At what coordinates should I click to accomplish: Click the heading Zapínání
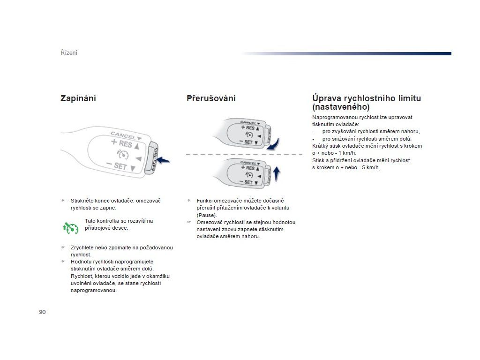78,98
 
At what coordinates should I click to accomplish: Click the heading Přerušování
211,98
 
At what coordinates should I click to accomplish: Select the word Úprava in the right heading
327,98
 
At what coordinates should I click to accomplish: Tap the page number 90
42,312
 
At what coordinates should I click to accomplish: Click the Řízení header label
69,52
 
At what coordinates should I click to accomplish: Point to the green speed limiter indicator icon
70,227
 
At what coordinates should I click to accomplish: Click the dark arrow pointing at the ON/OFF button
163,161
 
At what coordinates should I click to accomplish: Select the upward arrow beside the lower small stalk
277,173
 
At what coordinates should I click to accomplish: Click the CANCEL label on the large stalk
123,135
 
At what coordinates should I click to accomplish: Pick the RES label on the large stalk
125,144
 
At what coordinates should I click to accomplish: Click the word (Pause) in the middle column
206,215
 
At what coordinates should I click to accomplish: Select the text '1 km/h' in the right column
347,153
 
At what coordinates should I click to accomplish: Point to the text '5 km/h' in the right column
371,167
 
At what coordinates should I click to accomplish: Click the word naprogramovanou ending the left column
94,290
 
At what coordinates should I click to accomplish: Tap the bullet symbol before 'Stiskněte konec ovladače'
62,201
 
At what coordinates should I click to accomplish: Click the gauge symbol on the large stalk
123,155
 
